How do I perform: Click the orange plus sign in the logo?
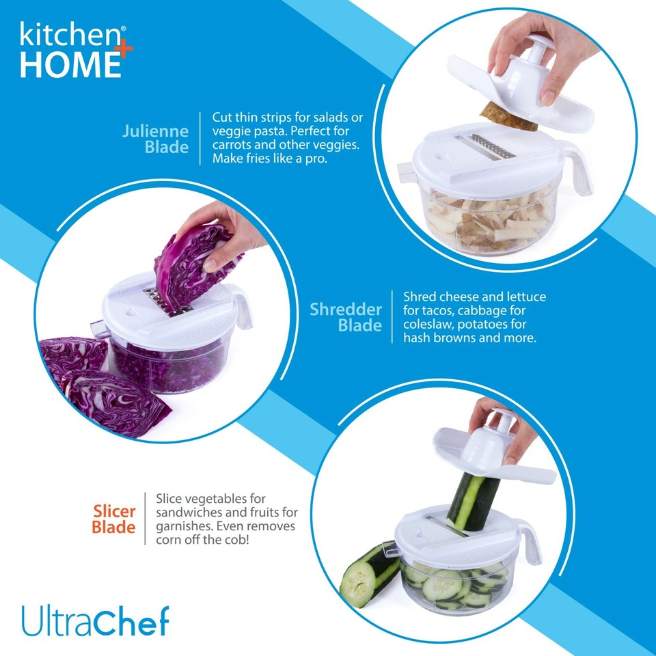pyautogui.click(x=125, y=51)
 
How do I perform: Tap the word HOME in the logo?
pyautogui.click(x=67, y=64)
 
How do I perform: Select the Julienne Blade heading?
pyautogui.click(x=155, y=139)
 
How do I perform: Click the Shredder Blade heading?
pyautogui.click(x=346, y=317)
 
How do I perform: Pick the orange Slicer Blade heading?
pyautogui.click(x=114, y=519)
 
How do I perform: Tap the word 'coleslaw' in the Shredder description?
pyautogui.click(x=430, y=325)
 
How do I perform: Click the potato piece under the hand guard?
pyautogui.click(x=509, y=117)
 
